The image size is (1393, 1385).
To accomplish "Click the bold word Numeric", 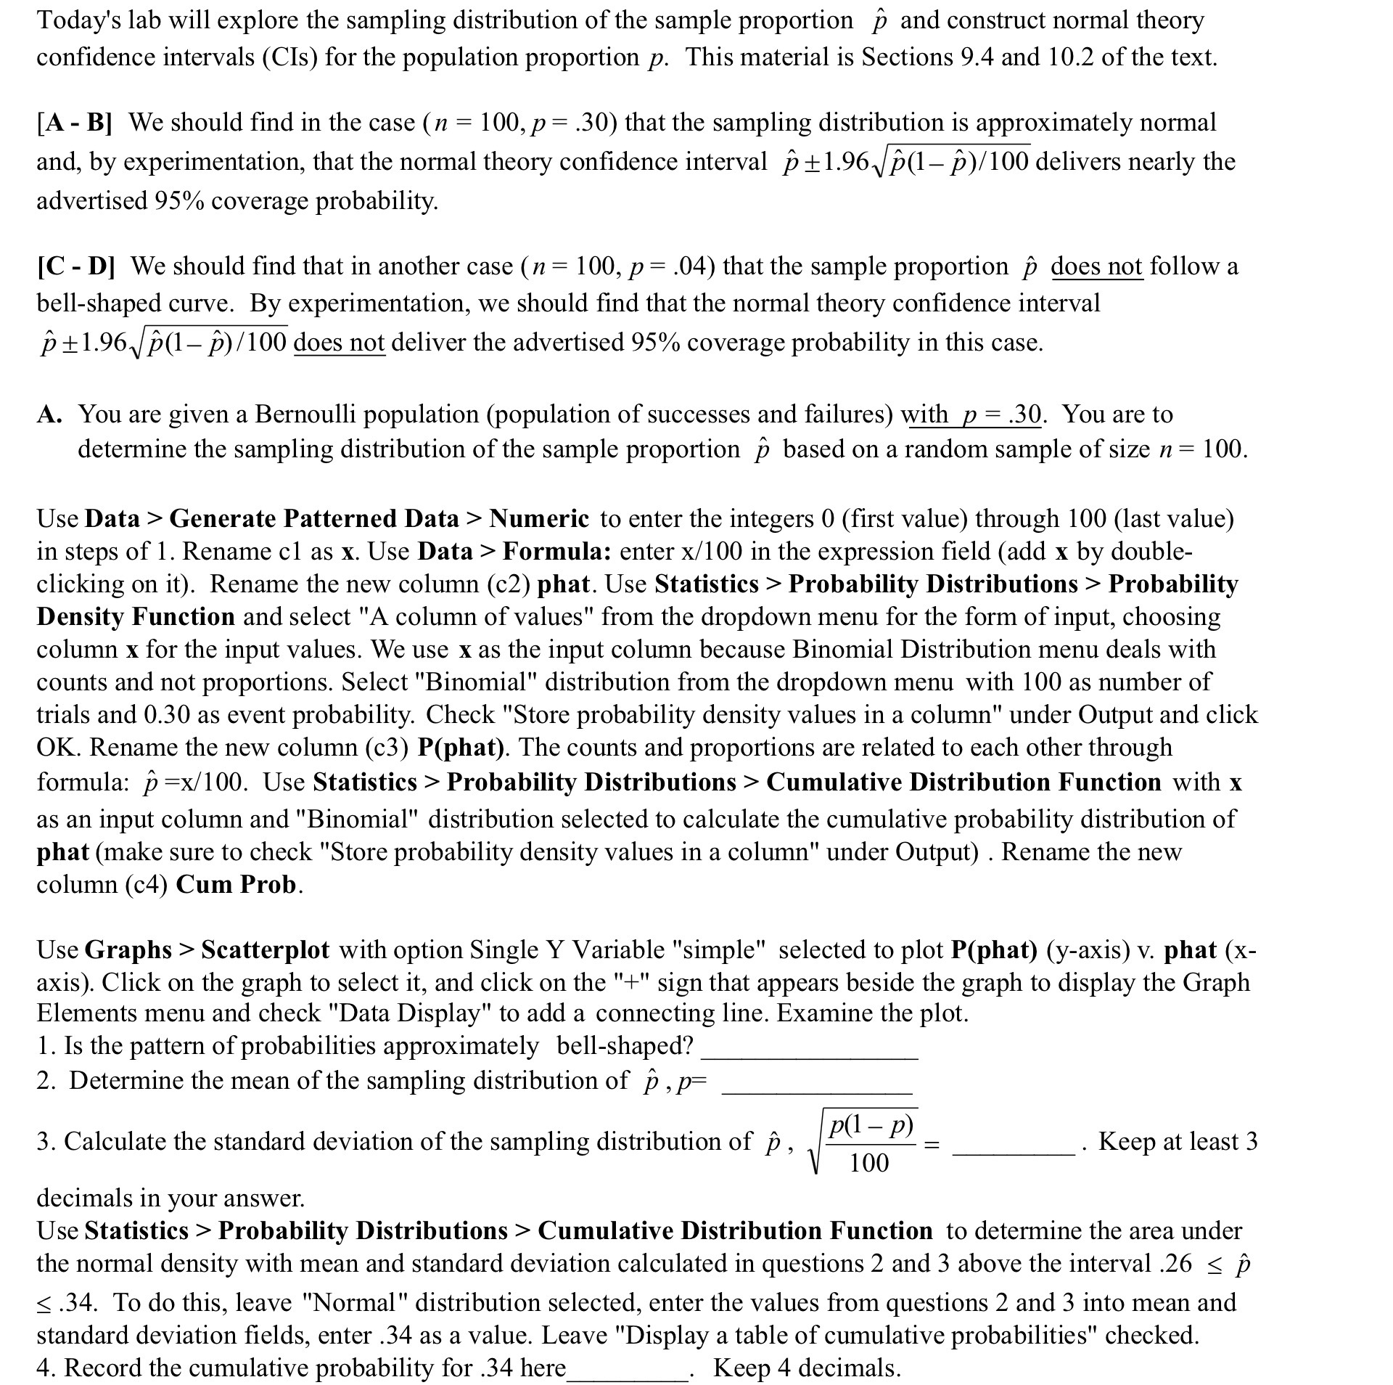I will [x=539, y=519].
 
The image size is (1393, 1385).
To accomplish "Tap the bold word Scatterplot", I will [x=265, y=949].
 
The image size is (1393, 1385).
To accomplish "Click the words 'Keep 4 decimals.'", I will [x=806, y=1368].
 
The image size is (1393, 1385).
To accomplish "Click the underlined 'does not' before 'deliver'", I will [x=339, y=342].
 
